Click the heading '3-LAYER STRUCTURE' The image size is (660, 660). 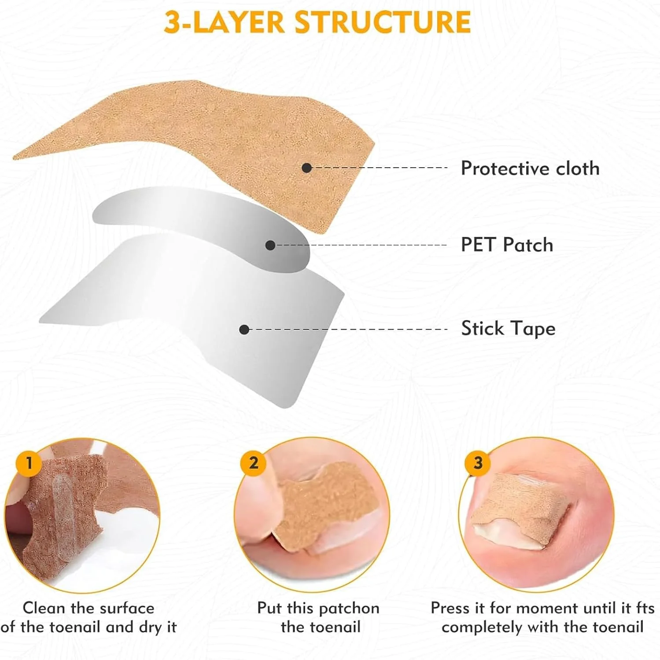[x=317, y=22]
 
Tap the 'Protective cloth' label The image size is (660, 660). [x=530, y=168]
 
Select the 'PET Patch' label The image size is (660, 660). [x=507, y=245]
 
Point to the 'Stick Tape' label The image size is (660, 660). [x=508, y=328]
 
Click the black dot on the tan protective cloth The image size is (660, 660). [x=307, y=168]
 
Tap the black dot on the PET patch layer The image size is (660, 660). [x=270, y=245]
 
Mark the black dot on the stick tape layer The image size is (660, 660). [x=244, y=329]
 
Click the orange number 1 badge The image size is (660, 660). [x=29, y=463]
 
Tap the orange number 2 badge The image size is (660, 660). [x=253, y=463]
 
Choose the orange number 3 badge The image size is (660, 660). [x=478, y=463]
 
